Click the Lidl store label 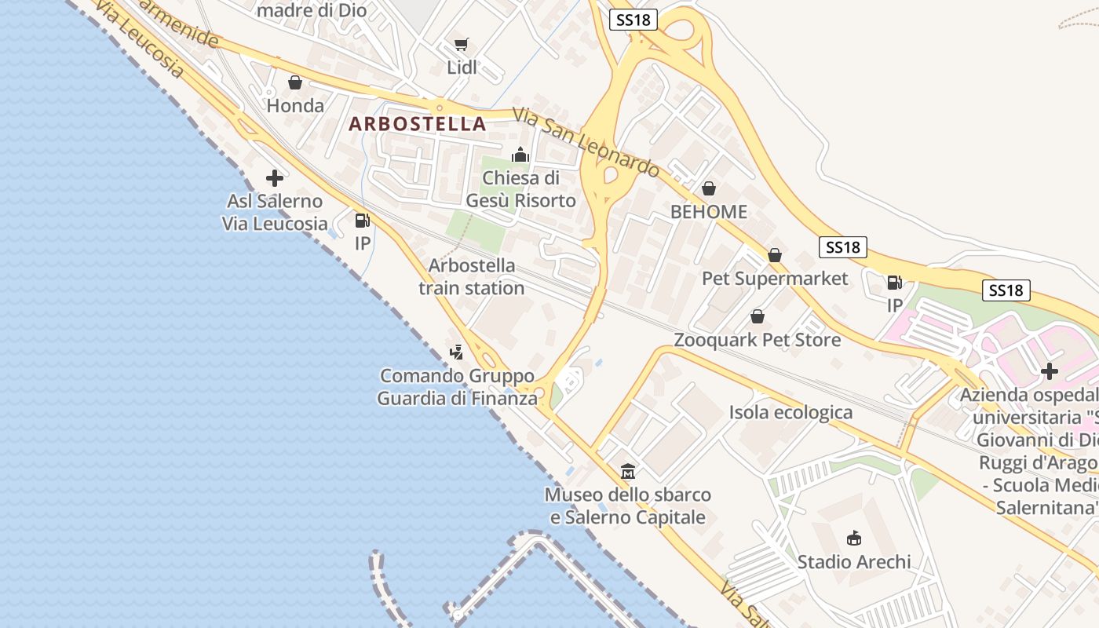pos(462,68)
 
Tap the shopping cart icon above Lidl pos(462,45)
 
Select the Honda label pos(295,105)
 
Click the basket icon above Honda pos(295,82)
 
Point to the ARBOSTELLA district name pos(418,124)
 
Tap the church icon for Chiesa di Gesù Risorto pos(520,155)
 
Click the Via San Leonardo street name pos(586,142)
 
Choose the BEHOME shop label pos(708,212)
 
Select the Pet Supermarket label pos(775,279)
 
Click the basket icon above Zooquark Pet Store pos(758,317)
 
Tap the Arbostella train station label pos(472,276)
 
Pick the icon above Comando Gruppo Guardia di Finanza pos(456,352)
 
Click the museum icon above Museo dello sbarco pos(628,472)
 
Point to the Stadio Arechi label pos(854,562)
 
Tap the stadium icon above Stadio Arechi pos(854,539)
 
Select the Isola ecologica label pos(790,412)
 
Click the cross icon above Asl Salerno pos(274,178)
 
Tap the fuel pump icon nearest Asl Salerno pos(362,221)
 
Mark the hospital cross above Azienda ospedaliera pos(1050,371)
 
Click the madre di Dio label pos(312,10)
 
